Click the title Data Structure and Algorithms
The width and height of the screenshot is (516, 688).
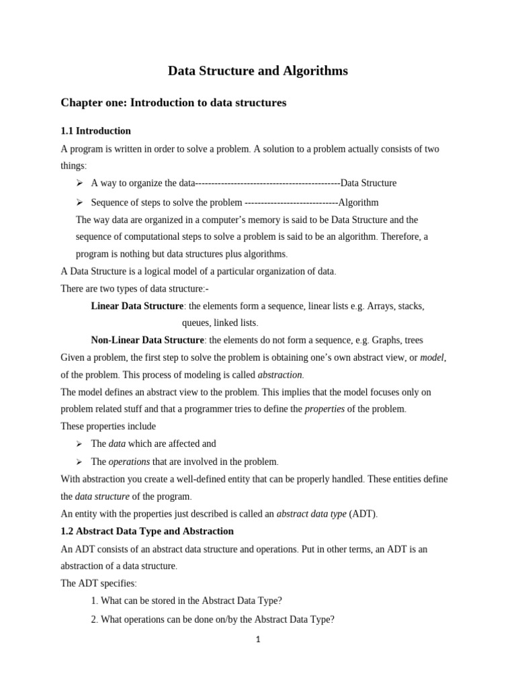257,71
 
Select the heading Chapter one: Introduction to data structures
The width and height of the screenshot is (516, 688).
173,103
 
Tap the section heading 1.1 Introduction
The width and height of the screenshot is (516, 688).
95,131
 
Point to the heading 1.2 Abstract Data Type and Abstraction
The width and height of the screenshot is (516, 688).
147,531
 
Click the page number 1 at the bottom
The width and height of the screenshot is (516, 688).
257,640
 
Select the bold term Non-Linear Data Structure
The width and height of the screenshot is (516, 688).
146,340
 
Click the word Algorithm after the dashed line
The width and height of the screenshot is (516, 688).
358,202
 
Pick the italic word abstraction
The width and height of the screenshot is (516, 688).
280,374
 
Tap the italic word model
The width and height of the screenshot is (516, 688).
432,357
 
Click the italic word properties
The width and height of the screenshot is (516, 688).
325,409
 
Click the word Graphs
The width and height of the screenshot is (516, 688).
386,340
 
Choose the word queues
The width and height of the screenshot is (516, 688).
196,322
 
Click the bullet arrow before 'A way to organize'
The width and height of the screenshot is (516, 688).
79,183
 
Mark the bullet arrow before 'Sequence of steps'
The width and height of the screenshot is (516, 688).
79,202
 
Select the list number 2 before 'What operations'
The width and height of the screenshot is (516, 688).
93,619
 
